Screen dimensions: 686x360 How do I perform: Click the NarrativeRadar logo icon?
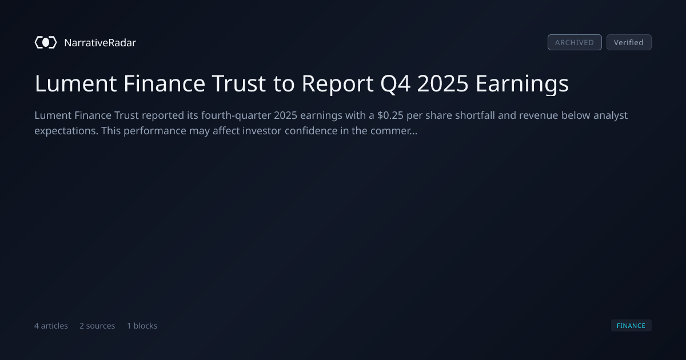(x=46, y=42)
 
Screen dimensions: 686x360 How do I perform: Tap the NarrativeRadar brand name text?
(x=100, y=42)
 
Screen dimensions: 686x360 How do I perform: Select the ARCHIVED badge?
(x=575, y=42)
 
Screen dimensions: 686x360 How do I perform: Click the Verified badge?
(x=629, y=42)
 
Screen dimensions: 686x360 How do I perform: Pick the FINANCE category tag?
(x=631, y=326)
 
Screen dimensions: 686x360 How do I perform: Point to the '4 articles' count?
(x=51, y=326)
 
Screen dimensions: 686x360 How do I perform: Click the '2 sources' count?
(x=97, y=326)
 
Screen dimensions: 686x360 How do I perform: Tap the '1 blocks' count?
(x=142, y=326)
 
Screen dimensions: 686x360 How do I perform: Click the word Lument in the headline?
(x=75, y=83)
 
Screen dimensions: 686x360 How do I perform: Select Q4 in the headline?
(x=395, y=84)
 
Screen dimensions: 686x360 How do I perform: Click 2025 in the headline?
(x=442, y=83)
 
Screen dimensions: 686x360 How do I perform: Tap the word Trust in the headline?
(x=239, y=83)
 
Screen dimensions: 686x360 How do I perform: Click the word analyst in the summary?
(x=611, y=116)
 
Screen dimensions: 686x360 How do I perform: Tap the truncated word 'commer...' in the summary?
(x=394, y=131)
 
